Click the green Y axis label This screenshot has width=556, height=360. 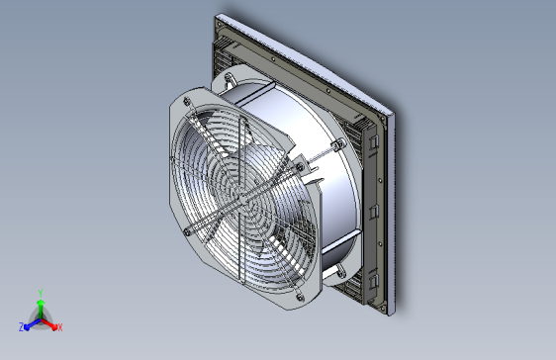tap(41, 293)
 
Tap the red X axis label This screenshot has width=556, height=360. tap(60, 327)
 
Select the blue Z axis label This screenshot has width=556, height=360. tap(22, 327)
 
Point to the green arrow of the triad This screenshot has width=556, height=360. tap(41, 309)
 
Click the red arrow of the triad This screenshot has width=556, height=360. tap(48, 324)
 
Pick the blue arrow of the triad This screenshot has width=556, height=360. tap(33, 324)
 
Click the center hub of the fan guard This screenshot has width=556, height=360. tap(242, 200)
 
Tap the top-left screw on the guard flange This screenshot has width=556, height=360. tap(187, 102)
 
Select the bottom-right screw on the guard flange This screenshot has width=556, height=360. tap(300, 297)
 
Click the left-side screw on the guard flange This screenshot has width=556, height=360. tap(187, 232)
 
